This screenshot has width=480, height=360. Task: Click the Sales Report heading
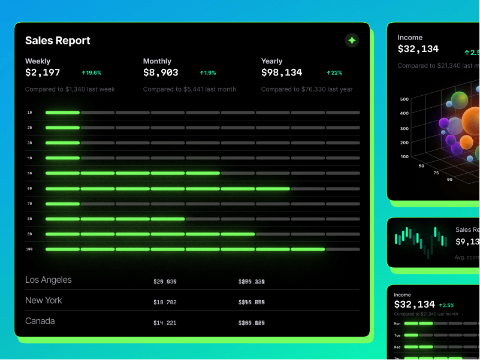tap(58, 41)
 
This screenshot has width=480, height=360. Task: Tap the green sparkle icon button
tap(352, 40)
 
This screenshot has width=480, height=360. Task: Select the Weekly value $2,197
tap(43, 72)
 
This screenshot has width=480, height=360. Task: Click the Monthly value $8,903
tap(161, 72)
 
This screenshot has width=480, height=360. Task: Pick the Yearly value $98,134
tap(282, 72)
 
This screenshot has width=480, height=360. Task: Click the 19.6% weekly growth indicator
tap(92, 73)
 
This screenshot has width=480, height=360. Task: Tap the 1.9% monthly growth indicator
tap(208, 73)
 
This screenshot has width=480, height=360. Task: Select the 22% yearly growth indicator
tap(334, 73)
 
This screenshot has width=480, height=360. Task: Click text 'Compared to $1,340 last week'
tap(70, 89)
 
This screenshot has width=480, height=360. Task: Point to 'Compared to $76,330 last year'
tap(307, 89)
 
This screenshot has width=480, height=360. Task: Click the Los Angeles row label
tap(48, 280)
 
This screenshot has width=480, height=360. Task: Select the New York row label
tap(44, 300)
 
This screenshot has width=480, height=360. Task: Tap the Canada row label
tap(40, 321)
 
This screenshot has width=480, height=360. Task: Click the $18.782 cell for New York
tap(165, 302)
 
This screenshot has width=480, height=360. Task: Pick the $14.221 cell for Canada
tap(165, 323)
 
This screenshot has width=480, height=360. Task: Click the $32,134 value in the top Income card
tap(418, 49)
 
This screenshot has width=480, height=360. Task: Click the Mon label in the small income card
tap(397, 323)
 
